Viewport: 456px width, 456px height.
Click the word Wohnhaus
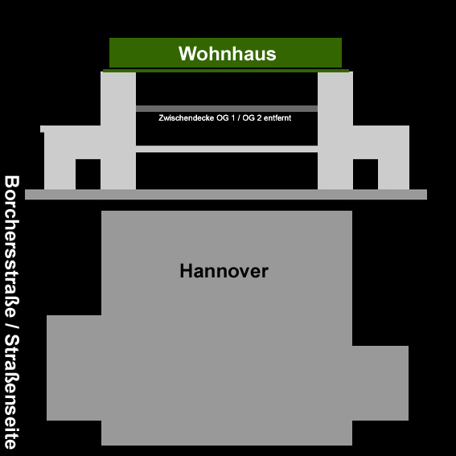pos(227,54)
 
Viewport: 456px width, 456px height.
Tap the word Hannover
pos(224,271)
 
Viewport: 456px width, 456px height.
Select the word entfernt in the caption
pos(277,117)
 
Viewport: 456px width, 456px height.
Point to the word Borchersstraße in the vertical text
pos(11,246)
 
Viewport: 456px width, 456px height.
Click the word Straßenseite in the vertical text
pos(11,392)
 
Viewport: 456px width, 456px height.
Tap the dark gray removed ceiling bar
pos(227,109)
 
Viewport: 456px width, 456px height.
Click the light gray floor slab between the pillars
pos(227,149)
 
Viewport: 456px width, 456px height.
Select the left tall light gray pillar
pos(118,130)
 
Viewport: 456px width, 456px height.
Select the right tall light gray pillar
pos(335,130)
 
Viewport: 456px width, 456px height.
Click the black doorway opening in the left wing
pos(88,175)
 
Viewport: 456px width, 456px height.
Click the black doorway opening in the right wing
pos(366,175)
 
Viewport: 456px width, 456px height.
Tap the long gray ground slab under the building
pos(226,195)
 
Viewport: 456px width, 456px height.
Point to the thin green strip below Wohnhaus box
pos(226,71)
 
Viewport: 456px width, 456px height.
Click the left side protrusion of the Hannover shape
pos(74,368)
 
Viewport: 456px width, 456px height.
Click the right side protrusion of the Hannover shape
pos(380,383)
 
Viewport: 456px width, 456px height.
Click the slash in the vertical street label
pos(11,326)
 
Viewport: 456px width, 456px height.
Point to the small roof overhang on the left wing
pos(43,129)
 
